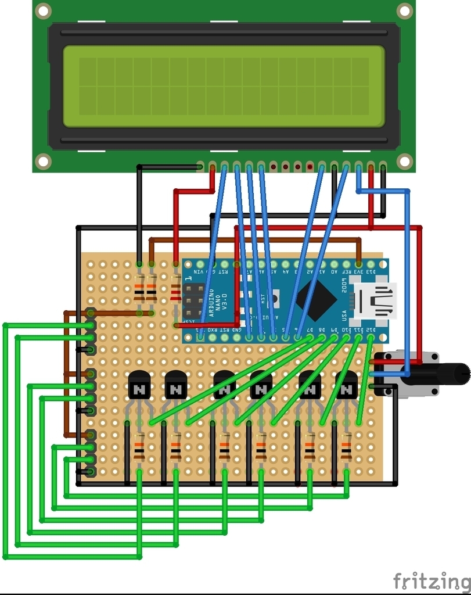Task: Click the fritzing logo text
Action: pyautogui.click(x=431, y=581)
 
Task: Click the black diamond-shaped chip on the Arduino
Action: pyautogui.click(x=316, y=300)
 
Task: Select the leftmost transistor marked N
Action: pyautogui.click(x=139, y=385)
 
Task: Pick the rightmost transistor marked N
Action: pyautogui.click(x=347, y=385)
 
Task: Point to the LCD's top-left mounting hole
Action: pyautogui.click(x=43, y=10)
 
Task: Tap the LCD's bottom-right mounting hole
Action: pyautogui.click(x=404, y=161)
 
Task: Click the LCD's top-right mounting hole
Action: pyautogui.click(x=404, y=10)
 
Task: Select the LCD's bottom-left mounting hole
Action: pyautogui.click(x=43, y=161)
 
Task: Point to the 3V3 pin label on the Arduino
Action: pyautogui.click(x=359, y=271)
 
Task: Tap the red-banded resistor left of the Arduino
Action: pyautogui.click(x=175, y=291)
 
